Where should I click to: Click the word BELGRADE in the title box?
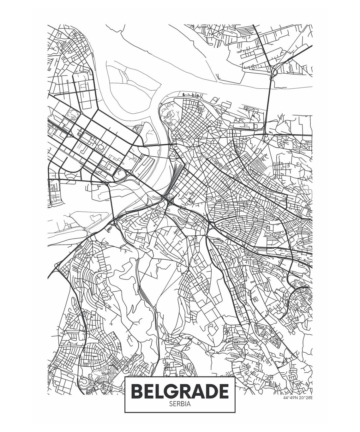point(180,391)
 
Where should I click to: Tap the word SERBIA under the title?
point(180,404)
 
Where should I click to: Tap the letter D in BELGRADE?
point(210,391)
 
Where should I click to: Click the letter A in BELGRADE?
point(197,391)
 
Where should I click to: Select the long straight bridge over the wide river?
point(269,104)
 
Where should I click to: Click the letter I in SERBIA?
point(187,404)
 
